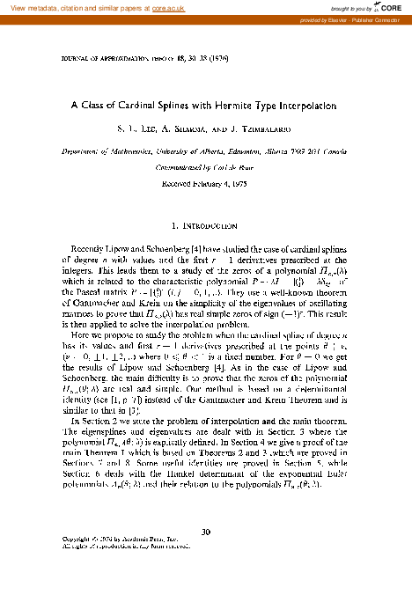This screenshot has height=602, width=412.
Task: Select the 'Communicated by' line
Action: tap(205, 165)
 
